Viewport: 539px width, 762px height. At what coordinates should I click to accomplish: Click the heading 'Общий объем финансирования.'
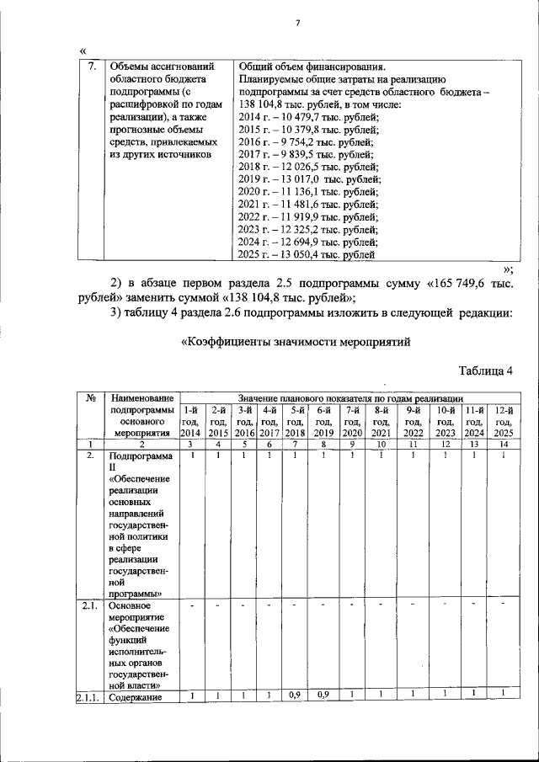coord(312,67)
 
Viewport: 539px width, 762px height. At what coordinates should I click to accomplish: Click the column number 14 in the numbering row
coord(504,444)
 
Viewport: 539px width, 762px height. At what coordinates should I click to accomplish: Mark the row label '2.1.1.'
coord(88,695)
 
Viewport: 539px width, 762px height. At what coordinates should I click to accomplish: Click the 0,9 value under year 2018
coord(294,694)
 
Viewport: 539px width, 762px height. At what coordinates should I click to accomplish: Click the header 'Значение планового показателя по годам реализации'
coord(350,397)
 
